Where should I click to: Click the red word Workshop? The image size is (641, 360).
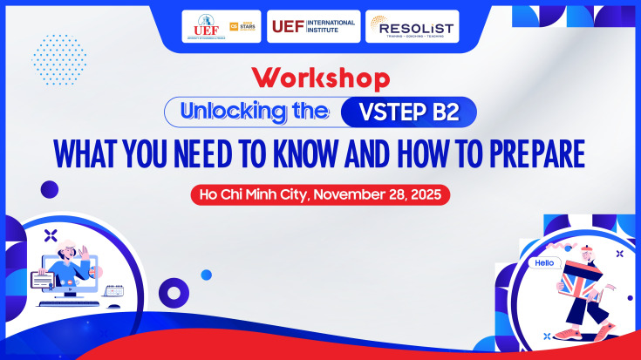pyautogui.click(x=319, y=79)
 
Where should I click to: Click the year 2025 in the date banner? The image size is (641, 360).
pyautogui.click(x=428, y=194)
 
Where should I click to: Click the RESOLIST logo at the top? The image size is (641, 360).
pyautogui.click(x=412, y=27)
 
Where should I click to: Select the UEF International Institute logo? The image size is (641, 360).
pyautogui.click(x=314, y=27)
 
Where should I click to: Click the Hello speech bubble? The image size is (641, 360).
pyautogui.click(x=544, y=262)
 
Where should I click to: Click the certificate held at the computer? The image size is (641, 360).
pyautogui.click(x=44, y=280)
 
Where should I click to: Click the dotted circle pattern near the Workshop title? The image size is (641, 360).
pyautogui.click(x=59, y=58)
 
